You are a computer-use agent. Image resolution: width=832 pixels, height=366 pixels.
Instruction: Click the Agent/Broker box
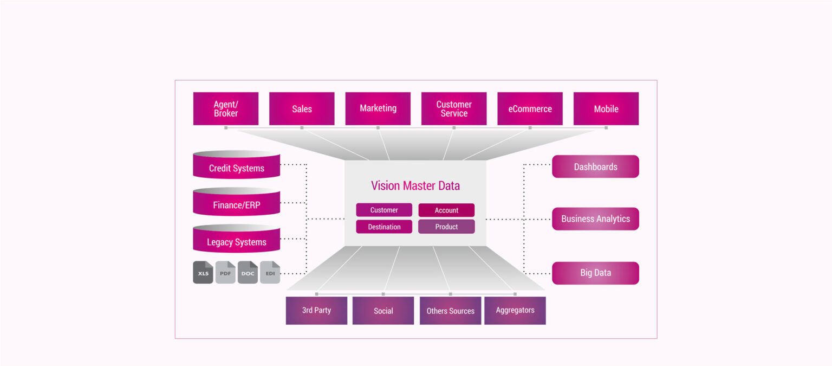(x=226, y=108)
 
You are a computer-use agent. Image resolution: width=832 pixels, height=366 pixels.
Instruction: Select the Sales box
(x=302, y=108)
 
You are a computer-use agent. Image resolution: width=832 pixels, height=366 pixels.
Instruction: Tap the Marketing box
(x=378, y=108)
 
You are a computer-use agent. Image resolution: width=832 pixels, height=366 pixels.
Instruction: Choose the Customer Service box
(x=454, y=108)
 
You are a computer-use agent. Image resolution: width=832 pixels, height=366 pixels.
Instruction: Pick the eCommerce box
(x=530, y=108)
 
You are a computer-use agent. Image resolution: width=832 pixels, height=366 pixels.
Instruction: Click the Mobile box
(x=606, y=108)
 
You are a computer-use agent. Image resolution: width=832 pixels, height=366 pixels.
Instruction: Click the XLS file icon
(x=203, y=273)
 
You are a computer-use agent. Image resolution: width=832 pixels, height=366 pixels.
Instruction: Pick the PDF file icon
(x=225, y=273)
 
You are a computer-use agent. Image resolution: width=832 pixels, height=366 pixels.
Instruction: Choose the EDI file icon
(x=270, y=273)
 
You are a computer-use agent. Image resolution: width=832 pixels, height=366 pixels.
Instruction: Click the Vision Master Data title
(x=415, y=186)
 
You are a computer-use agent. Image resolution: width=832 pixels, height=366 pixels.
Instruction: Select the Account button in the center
(x=446, y=210)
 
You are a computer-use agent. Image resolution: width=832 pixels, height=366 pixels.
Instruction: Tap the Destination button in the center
(x=384, y=227)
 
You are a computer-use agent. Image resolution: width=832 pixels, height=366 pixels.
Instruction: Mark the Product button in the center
(x=446, y=227)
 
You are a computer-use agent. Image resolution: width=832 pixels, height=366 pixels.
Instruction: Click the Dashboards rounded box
(x=595, y=167)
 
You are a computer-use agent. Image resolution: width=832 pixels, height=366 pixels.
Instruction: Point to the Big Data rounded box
(x=595, y=273)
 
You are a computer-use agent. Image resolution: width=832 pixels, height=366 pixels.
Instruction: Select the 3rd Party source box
(x=316, y=311)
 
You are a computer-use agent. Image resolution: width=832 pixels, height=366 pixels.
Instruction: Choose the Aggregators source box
(x=515, y=311)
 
